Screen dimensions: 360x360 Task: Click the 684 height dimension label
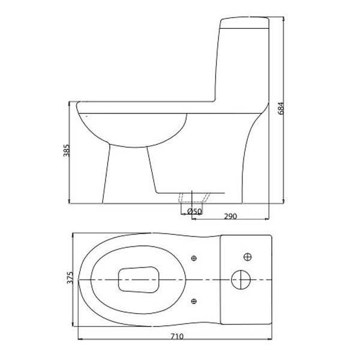coord(281,108)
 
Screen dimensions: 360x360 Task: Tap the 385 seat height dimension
coord(67,151)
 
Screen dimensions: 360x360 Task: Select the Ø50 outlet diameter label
coord(194,211)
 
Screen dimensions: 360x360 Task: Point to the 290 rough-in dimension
coord(230,216)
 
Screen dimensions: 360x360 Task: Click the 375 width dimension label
coord(70,277)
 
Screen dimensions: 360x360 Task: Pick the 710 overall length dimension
coord(177,337)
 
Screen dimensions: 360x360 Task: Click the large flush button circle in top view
coord(241,280)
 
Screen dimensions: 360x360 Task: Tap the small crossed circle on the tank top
coord(247,257)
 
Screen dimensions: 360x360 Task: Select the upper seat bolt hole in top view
coord(194,258)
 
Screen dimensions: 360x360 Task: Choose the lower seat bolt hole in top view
coord(194,301)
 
